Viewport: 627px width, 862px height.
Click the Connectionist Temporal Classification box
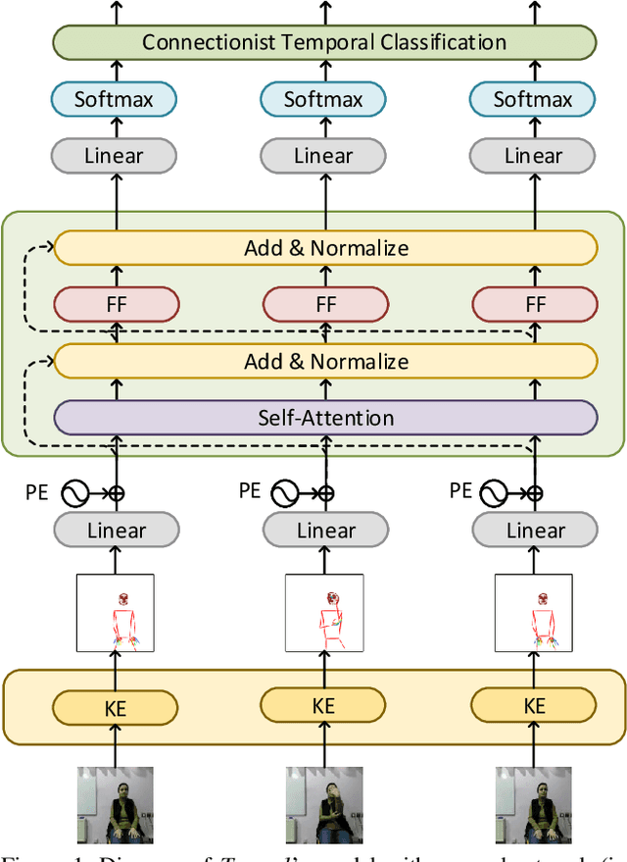point(324,42)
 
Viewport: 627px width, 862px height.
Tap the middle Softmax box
point(324,99)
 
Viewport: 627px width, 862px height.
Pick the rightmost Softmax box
point(534,99)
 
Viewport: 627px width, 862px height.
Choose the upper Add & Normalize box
point(325,248)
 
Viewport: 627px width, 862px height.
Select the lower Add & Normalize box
point(325,361)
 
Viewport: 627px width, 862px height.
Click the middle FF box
point(325,305)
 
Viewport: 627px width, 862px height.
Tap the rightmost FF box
point(535,305)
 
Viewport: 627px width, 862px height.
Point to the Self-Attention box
point(325,418)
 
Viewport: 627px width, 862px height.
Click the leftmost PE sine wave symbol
point(76,493)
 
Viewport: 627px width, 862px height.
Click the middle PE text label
point(250,490)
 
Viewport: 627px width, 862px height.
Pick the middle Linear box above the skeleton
point(325,531)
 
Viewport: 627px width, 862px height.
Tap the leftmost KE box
point(116,708)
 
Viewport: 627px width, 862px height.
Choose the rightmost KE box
point(534,705)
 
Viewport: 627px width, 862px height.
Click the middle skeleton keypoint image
point(324,613)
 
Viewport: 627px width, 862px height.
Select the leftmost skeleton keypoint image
point(116,613)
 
